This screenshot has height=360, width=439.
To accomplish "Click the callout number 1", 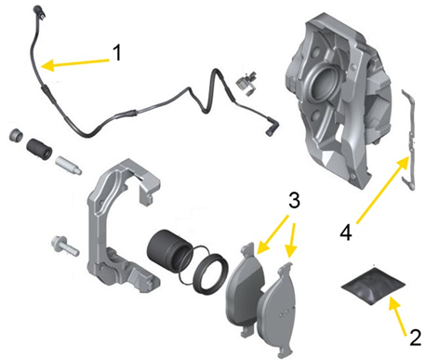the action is pos(116,52).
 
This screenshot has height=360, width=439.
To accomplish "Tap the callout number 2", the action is pos(416,337).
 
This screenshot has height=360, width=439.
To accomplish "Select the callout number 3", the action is pos(294,200).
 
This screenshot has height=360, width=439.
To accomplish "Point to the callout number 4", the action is pos(346,233).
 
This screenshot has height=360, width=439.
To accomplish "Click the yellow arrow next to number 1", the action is pos(75,63).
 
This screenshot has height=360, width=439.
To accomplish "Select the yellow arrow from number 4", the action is pos(382,190).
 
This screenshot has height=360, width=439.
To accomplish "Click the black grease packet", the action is pos(373,285).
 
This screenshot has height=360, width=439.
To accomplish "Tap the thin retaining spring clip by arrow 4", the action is pos(409,140).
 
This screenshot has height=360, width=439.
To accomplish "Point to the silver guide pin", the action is pos(68,166).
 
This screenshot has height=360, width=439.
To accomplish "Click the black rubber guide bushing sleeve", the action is pos(39,149).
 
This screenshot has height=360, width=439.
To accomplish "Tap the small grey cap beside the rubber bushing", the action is pos(17,136).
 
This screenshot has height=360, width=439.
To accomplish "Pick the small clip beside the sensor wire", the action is pos(246,83).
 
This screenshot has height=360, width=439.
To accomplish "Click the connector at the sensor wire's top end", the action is pos(39,10).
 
